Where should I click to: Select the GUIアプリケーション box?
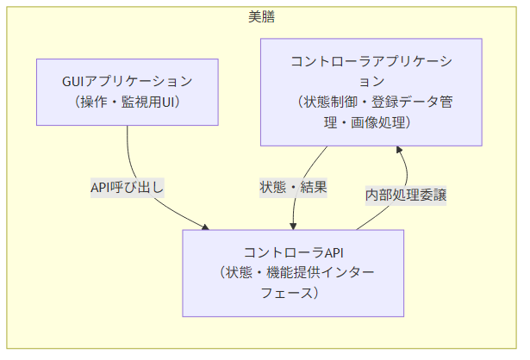click(128, 92)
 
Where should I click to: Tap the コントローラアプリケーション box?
click(371, 91)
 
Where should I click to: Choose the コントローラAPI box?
click(294, 273)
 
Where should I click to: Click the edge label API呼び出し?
click(128, 187)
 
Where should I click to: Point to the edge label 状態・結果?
click(294, 187)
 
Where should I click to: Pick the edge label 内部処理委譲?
click(406, 195)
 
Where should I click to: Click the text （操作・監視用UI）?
click(128, 102)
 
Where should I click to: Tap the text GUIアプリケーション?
click(128, 82)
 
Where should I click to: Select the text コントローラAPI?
click(294, 252)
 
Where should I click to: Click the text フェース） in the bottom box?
click(294, 294)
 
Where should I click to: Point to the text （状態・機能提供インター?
click(294, 273)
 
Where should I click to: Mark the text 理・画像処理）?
click(371, 122)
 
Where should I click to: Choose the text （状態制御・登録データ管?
click(371, 102)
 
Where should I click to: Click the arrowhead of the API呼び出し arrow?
click(206, 227)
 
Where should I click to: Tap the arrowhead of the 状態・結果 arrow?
click(294, 227)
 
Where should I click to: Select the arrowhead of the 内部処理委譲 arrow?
click(400, 149)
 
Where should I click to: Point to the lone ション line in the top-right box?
click(371, 81)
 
